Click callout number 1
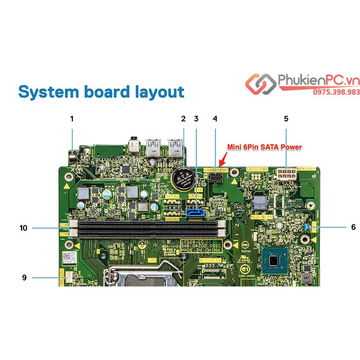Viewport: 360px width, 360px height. (72, 118)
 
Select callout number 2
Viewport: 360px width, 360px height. (183, 118)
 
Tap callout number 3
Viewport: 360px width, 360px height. (196, 118)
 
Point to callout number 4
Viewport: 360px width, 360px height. (215, 118)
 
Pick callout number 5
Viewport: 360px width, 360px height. (286, 118)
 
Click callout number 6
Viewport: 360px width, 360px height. (339, 226)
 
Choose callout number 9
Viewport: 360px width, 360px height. (24, 278)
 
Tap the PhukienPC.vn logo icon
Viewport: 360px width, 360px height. (260, 83)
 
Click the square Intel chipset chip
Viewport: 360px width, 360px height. (276, 261)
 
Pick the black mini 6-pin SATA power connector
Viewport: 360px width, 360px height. (215, 177)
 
